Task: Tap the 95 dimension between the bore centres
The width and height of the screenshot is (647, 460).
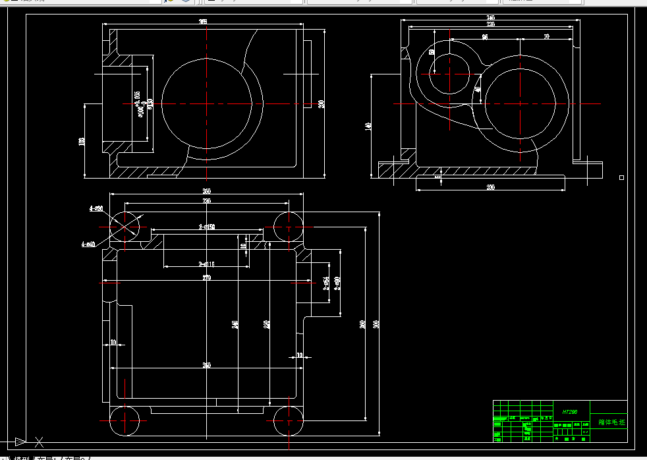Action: point(485,38)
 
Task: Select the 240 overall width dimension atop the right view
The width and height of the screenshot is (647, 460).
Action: point(491,17)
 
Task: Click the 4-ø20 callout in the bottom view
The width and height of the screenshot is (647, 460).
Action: point(96,209)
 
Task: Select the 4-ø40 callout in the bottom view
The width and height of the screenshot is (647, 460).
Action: point(88,244)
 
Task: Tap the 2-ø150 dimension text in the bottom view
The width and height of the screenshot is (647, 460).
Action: point(207,227)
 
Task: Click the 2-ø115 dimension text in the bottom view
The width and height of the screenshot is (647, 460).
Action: point(207,264)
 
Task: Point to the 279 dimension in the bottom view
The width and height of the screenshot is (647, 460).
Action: point(206,278)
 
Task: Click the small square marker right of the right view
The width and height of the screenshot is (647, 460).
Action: point(621,177)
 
